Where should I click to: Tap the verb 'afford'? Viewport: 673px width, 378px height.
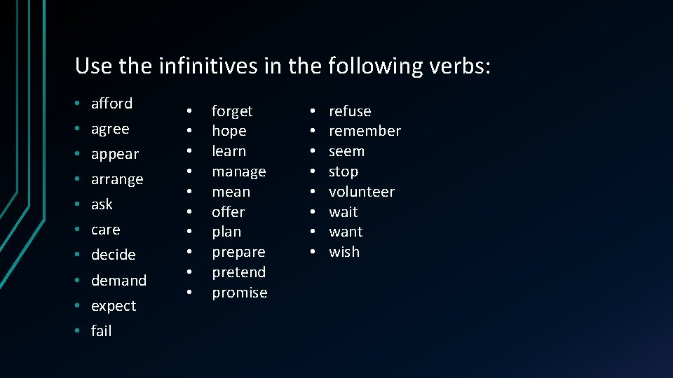tap(111, 104)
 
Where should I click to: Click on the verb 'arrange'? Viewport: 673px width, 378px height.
tap(117, 180)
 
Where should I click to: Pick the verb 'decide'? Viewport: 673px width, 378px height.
tap(113, 255)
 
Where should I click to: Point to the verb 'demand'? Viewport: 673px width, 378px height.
tap(118, 281)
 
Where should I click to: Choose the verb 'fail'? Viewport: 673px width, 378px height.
tap(101, 331)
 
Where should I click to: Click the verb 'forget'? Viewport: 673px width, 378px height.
tap(232, 111)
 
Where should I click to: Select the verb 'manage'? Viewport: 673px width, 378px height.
tap(239, 171)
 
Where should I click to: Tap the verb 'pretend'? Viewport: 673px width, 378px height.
tap(239, 272)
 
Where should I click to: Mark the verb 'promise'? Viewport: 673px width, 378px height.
tap(240, 293)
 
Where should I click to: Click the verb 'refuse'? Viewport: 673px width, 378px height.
tap(350, 111)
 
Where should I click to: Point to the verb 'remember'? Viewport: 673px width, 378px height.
tap(365, 131)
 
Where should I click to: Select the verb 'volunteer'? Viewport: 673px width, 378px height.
tap(362, 192)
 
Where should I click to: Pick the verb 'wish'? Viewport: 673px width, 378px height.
tap(344, 252)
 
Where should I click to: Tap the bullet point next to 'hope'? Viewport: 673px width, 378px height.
tap(189, 132)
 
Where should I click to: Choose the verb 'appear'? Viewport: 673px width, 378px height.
tap(115, 155)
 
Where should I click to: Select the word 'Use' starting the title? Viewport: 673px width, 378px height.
tap(93, 66)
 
